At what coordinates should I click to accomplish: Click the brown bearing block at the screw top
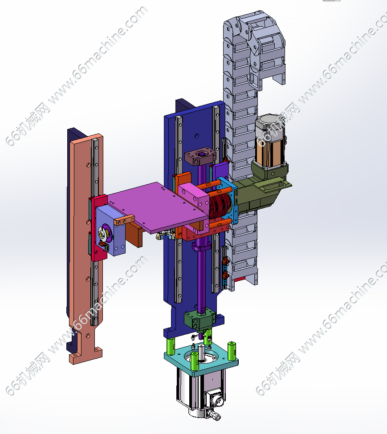pyautogui.click(x=200, y=156)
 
